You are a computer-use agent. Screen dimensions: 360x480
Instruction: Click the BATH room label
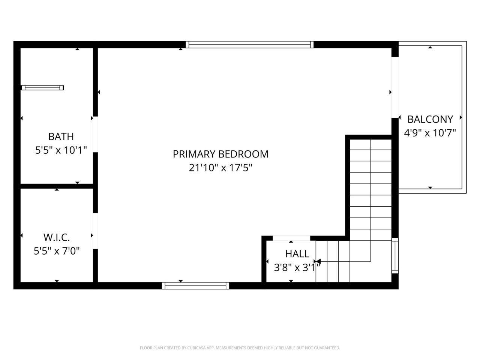[61, 136]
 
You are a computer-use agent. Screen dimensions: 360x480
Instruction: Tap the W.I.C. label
[57, 237]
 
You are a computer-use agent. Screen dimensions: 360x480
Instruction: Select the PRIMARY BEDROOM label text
[220, 154]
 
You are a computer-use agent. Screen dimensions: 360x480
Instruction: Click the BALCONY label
[430, 119]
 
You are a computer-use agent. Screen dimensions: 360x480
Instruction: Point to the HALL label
[297, 254]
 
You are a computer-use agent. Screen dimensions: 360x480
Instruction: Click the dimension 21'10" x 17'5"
[220, 168]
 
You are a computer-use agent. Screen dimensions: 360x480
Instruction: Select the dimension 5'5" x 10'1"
[61, 150]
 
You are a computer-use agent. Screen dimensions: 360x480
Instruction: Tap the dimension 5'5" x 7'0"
[57, 250]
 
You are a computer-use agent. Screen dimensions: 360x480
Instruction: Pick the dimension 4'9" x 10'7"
[430, 133]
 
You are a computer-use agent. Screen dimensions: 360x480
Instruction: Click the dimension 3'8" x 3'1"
[297, 268]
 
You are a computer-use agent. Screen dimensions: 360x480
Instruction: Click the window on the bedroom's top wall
[250, 45]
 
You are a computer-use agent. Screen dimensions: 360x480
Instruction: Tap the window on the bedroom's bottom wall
[195, 286]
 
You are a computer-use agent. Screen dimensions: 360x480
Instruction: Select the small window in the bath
[42, 88]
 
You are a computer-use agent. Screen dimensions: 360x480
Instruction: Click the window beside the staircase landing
[395, 255]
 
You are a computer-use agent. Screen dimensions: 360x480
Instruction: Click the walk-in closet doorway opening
[95, 231]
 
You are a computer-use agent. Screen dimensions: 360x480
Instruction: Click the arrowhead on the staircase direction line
[318, 261]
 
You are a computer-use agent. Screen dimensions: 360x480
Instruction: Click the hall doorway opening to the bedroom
[291, 238]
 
